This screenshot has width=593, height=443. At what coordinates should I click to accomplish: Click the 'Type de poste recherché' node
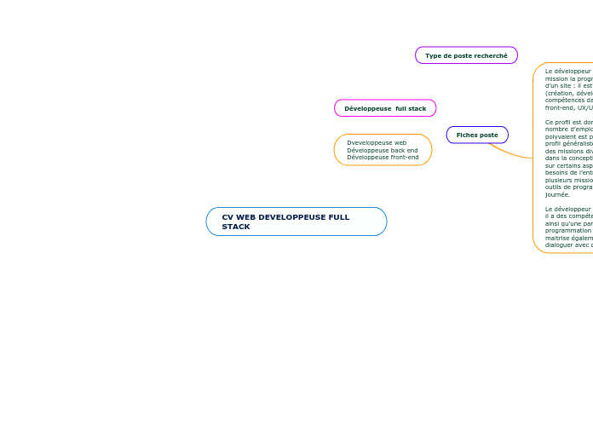(466, 55)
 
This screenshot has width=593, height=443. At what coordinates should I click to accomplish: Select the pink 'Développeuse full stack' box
(385, 108)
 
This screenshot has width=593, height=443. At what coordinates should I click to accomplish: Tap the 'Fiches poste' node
(477, 135)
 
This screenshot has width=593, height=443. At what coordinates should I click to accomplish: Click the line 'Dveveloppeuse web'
(377, 142)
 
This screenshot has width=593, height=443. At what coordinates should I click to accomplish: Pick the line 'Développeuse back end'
(382, 150)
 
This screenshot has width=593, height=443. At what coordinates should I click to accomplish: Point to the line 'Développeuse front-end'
(383, 158)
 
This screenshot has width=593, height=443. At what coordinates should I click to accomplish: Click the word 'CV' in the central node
(227, 217)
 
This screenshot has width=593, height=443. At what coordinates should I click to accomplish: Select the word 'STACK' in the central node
(236, 227)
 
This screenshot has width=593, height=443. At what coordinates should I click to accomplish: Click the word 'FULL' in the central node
(339, 217)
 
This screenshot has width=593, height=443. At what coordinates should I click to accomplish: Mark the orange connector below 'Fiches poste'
(509, 153)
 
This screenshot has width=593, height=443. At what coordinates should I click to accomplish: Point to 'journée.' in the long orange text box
(558, 194)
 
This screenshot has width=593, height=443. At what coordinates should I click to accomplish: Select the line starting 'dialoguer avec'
(568, 245)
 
